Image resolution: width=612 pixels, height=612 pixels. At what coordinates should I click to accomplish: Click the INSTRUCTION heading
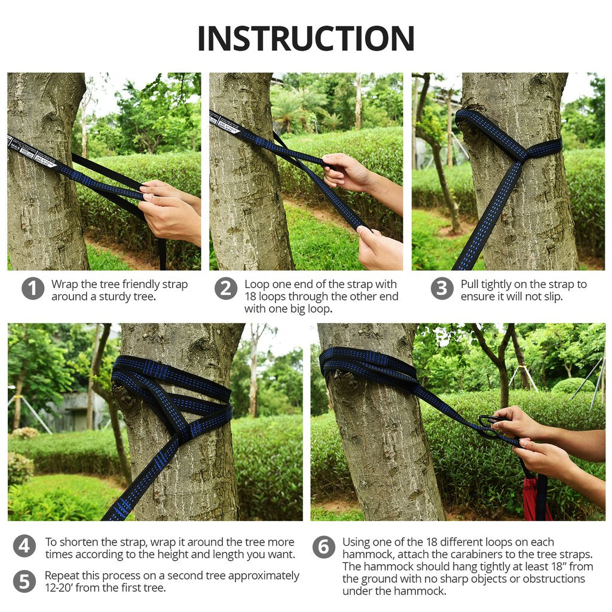pyautogui.click(x=305, y=38)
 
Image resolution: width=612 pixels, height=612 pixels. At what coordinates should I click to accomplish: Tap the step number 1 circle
pyautogui.click(x=33, y=289)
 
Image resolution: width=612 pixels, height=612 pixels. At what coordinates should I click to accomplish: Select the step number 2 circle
pyautogui.click(x=226, y=289)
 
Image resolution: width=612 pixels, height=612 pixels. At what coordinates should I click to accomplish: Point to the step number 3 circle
pyautogui.click(x=442, y=289)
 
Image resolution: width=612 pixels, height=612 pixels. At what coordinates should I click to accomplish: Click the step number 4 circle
pyautogui.click(x=24, y=546)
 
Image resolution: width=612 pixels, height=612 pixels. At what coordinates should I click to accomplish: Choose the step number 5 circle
pyautogui.click(x=24, y=581)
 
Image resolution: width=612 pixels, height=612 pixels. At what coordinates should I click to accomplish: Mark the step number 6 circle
pyautogui.click(x=323, y=547)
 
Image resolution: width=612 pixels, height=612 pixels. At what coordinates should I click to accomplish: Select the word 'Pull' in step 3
pyautogui.click(x=470, y=284)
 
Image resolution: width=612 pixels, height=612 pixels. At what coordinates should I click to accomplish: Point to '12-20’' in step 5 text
pyautogui.click(x=59, y=587)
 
